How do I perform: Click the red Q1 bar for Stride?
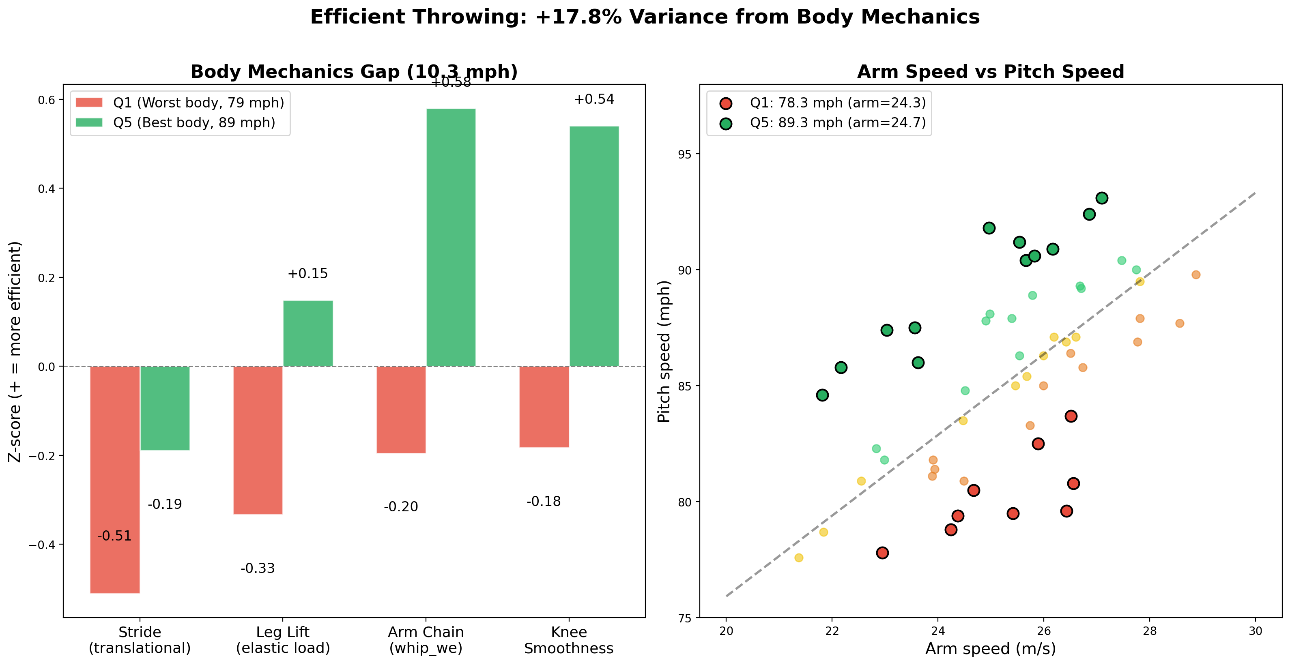pos(115,479)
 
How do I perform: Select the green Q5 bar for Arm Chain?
pos(451,237)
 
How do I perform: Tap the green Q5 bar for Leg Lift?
pos(307,333)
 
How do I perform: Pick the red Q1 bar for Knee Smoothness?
pos(544,406)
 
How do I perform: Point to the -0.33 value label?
pos(258,568)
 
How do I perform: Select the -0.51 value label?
pos(115,536)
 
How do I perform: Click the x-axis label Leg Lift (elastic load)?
pos(283,640)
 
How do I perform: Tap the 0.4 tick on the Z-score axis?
pos(47,189)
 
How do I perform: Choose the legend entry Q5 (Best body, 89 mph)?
pos(194,122)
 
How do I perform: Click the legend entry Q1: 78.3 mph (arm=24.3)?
pos(837,103)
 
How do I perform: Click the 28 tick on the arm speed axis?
pos(1149,631)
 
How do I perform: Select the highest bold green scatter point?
pos(1102,198)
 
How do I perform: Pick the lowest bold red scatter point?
pos(882,553)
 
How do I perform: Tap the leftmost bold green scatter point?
pos(822,395)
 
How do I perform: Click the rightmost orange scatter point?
pos(1196,275)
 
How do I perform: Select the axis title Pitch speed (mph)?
pos(664,351)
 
